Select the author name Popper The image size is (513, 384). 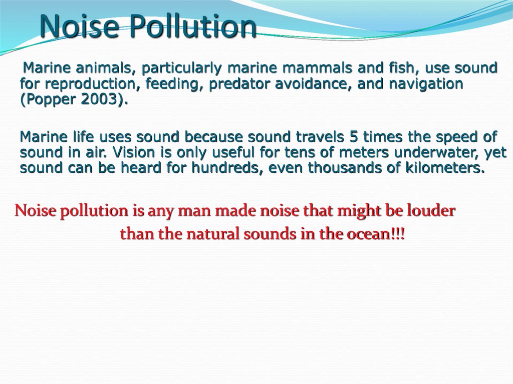click(x=49, y=100)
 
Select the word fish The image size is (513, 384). click(x=401, y=68)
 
